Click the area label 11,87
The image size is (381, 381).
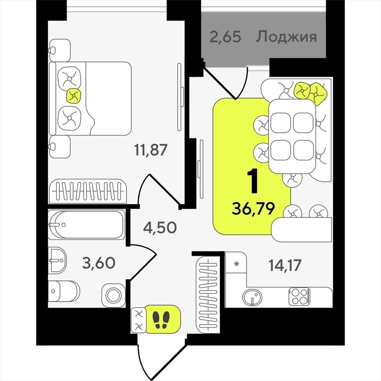pos(151,150)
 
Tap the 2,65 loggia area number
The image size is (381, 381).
pos(225,37)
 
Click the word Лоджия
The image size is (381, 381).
pos(286,37)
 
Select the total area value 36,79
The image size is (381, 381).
pos(253,208)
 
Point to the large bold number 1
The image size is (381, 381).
pos(253,182)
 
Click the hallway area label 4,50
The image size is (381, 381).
pos(160,228)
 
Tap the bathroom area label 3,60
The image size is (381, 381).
pos(99,263)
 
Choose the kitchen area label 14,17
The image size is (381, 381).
pos(285,265)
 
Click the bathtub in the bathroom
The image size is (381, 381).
pos(86,224)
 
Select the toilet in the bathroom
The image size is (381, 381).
pos(64,291)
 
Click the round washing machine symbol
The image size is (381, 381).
pos(113,295)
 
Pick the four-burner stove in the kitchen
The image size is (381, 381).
pos(300,297)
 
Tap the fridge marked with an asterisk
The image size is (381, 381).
pos(236,263)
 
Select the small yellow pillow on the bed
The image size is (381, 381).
pos(74,96)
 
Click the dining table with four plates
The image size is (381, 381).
pos(292,136)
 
